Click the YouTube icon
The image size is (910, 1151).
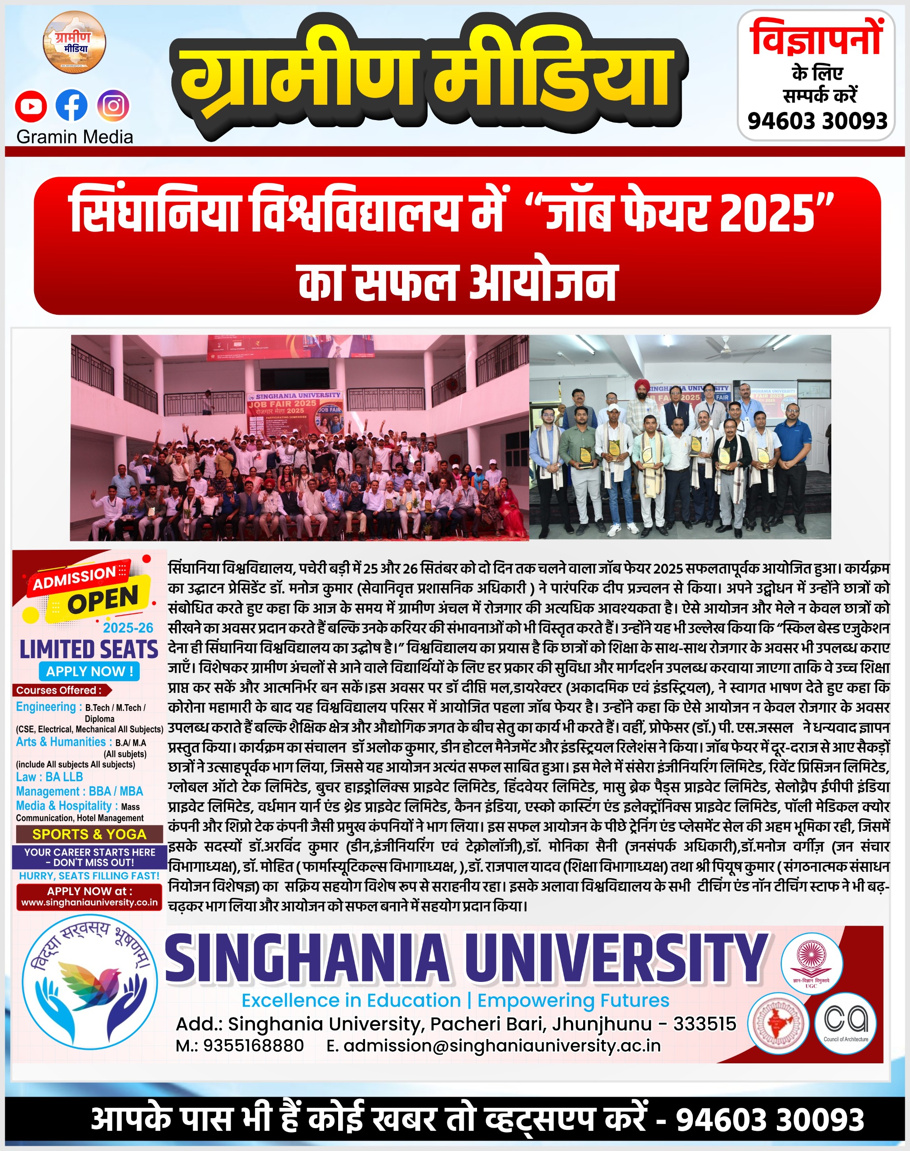[x=31, y=106]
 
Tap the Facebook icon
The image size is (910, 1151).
[x=71, y=106]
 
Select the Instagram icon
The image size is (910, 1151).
[x=113, y=106]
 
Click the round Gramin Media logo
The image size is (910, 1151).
[x=74, y=43]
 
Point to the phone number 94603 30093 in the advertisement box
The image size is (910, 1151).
[x=817, y=121]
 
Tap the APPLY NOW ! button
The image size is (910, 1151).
[x=89, y=671]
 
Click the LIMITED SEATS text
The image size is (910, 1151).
[x=89, y=650]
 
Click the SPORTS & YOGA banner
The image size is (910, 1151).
[x=89, y=834]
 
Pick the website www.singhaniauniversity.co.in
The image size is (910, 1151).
[x=89, y=902]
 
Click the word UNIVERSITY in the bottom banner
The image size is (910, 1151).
[x=616, y=959]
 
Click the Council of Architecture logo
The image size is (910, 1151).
[x=846, y=1022]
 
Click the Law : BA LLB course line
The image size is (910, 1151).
[x=49, y=776]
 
